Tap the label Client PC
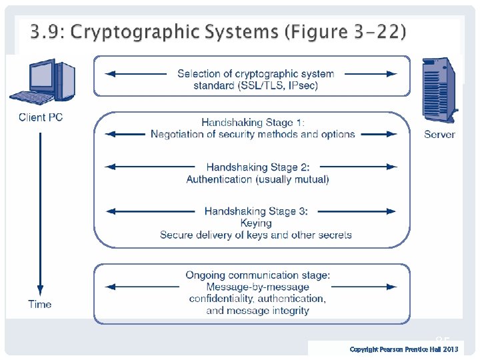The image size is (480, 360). click(41, 117)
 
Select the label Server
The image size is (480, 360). click(439, 134)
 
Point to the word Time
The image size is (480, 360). click(40, 304)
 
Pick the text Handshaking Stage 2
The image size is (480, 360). click(257, 167)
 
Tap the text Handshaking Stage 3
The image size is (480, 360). click(256, 211)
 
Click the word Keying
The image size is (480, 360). click(256, 223)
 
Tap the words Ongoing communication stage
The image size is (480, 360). click(257, 275)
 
